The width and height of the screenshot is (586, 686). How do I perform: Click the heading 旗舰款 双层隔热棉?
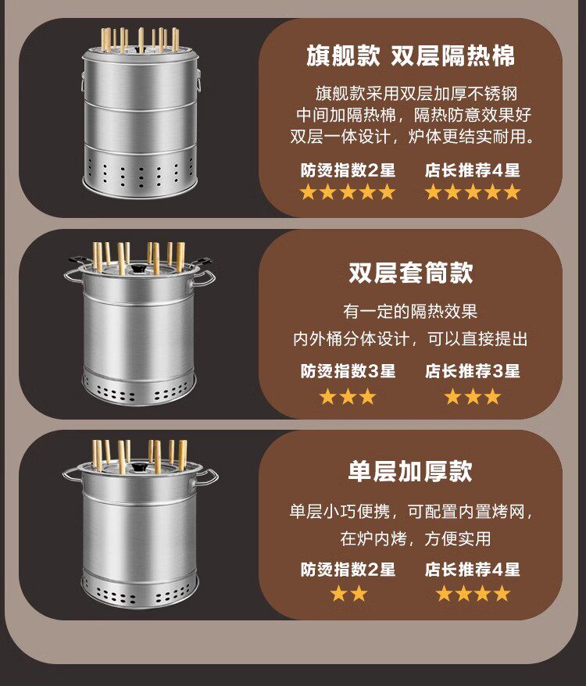[410, 55]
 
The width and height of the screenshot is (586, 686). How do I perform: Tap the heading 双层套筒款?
[410, 272]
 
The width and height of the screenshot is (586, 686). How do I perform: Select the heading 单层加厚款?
[410, 471]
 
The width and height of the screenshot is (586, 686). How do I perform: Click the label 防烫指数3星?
[348, 371]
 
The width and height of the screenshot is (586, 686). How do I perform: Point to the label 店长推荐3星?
[472, 371]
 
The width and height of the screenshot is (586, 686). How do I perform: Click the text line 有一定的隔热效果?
[410, 312]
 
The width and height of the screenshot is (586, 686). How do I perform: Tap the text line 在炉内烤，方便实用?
[416, 538]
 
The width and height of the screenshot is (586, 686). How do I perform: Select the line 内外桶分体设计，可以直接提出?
[410, 338]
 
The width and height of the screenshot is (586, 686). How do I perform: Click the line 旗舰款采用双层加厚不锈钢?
[416, 93]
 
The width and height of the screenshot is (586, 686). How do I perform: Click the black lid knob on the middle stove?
[139, 268]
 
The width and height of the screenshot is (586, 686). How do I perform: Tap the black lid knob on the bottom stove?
[140, 466]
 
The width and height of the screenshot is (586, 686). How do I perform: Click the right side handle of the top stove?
[198, 80]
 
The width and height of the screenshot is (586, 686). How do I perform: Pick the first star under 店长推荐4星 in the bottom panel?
[443, 594]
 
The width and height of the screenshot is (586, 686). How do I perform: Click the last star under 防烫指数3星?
[368, 396]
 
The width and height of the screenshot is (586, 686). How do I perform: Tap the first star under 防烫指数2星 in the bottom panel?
[338, 594]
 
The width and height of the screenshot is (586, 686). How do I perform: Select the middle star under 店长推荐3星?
[473, 396]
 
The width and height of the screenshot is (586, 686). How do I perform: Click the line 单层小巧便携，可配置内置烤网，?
[412, 511]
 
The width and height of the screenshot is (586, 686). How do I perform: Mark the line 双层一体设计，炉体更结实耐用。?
[413, 137]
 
